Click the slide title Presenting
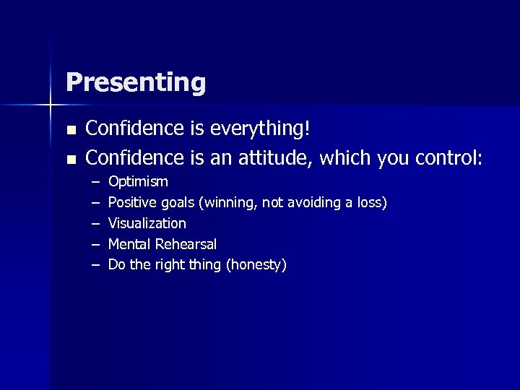[x=135, y=83]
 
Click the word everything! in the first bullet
[x=260, y=129]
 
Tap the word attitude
[x=271, y=157]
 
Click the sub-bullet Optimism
[x=137, y=181]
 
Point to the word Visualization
[x=147, y=223]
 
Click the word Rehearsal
[x=186, y=244]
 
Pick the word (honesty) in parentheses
[x=256, y=265]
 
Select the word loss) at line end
[x=371, y=202]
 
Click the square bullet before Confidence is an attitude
[x=69, y=158]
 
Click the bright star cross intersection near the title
[x=51, y=106]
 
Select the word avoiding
[x=313, y=202]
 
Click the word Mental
[x=129, y=244]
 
